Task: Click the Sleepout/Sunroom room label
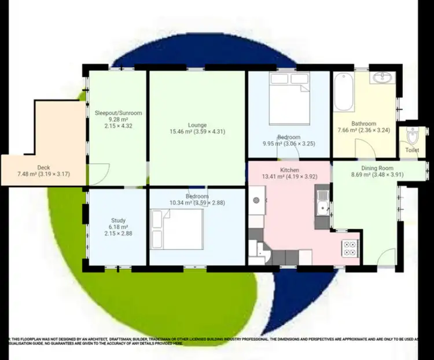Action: pyautogui.click(x=118, y=113)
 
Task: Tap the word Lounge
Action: pyautogui.click(x=197, y=124)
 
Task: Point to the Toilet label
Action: pyautogui.click(x=412, y=150)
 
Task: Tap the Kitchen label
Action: pyautogui.click(x=289, y=170)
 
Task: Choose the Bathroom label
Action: pyautogui.click(x=364, y=123)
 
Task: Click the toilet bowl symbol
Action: pyautogui.click(x=411, y=136)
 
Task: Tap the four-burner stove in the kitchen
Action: pyautogui.click(x=350, y=248)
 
